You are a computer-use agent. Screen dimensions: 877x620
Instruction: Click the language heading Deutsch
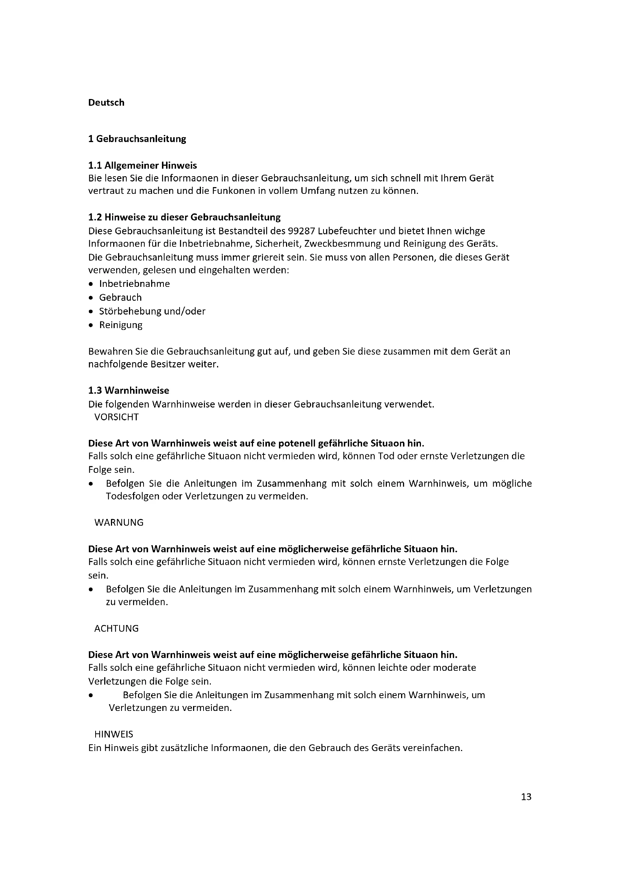pyautogui.click(x=106, y=103)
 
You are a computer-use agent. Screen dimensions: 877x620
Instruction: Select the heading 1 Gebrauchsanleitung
pyautogui.click(x=137, y=139)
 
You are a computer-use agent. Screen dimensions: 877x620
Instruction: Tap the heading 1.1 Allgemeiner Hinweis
pyautogui.click(x=142, y=165)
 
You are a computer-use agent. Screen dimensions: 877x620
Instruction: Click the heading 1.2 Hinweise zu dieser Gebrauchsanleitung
pyautogui.click(x=184, y=217)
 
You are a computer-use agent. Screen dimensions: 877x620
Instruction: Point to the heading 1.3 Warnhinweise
pyautogui.click(x=129, y=390)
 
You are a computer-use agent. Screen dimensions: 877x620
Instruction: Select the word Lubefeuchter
pyautogui.click(x=349, y=231)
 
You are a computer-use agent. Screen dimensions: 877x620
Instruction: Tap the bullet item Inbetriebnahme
pyautogui.click(x=135, y=284)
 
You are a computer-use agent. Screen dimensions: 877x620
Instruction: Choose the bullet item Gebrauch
pyautogui.click(x=120, y=298)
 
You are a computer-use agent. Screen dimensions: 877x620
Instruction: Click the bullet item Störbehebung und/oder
pyautogui.click(x=152, y=311)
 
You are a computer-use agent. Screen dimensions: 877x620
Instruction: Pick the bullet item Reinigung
pyautogui.click(x=121, y=325)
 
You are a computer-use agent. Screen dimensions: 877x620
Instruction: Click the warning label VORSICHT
pyautogui.click(x=117, y=417)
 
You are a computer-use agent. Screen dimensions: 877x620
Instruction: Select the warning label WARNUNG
pyautogui.click(x=119, y=523)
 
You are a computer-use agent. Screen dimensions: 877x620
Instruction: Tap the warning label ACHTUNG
pyautogui.click(x=117, y=628)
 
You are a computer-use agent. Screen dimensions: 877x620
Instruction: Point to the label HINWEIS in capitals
pyautogui.click(x=114, y=734)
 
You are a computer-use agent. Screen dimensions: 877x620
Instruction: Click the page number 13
pyautogui.click(x=526, y=797)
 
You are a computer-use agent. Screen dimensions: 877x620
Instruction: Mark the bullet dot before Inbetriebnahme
pyautogui.click(x=90, y=285)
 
